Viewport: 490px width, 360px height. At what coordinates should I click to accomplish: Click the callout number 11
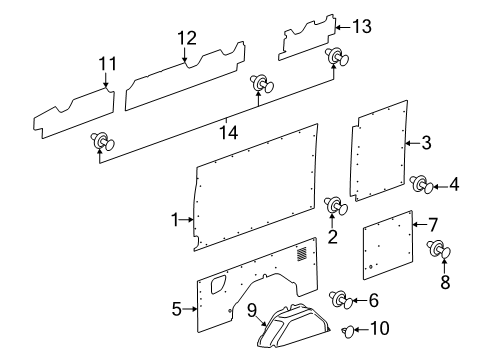[x=107, y=66]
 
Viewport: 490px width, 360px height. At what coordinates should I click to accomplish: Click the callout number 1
[x=174, y=219]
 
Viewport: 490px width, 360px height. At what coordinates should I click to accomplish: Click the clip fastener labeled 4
[x=421, y=183]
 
